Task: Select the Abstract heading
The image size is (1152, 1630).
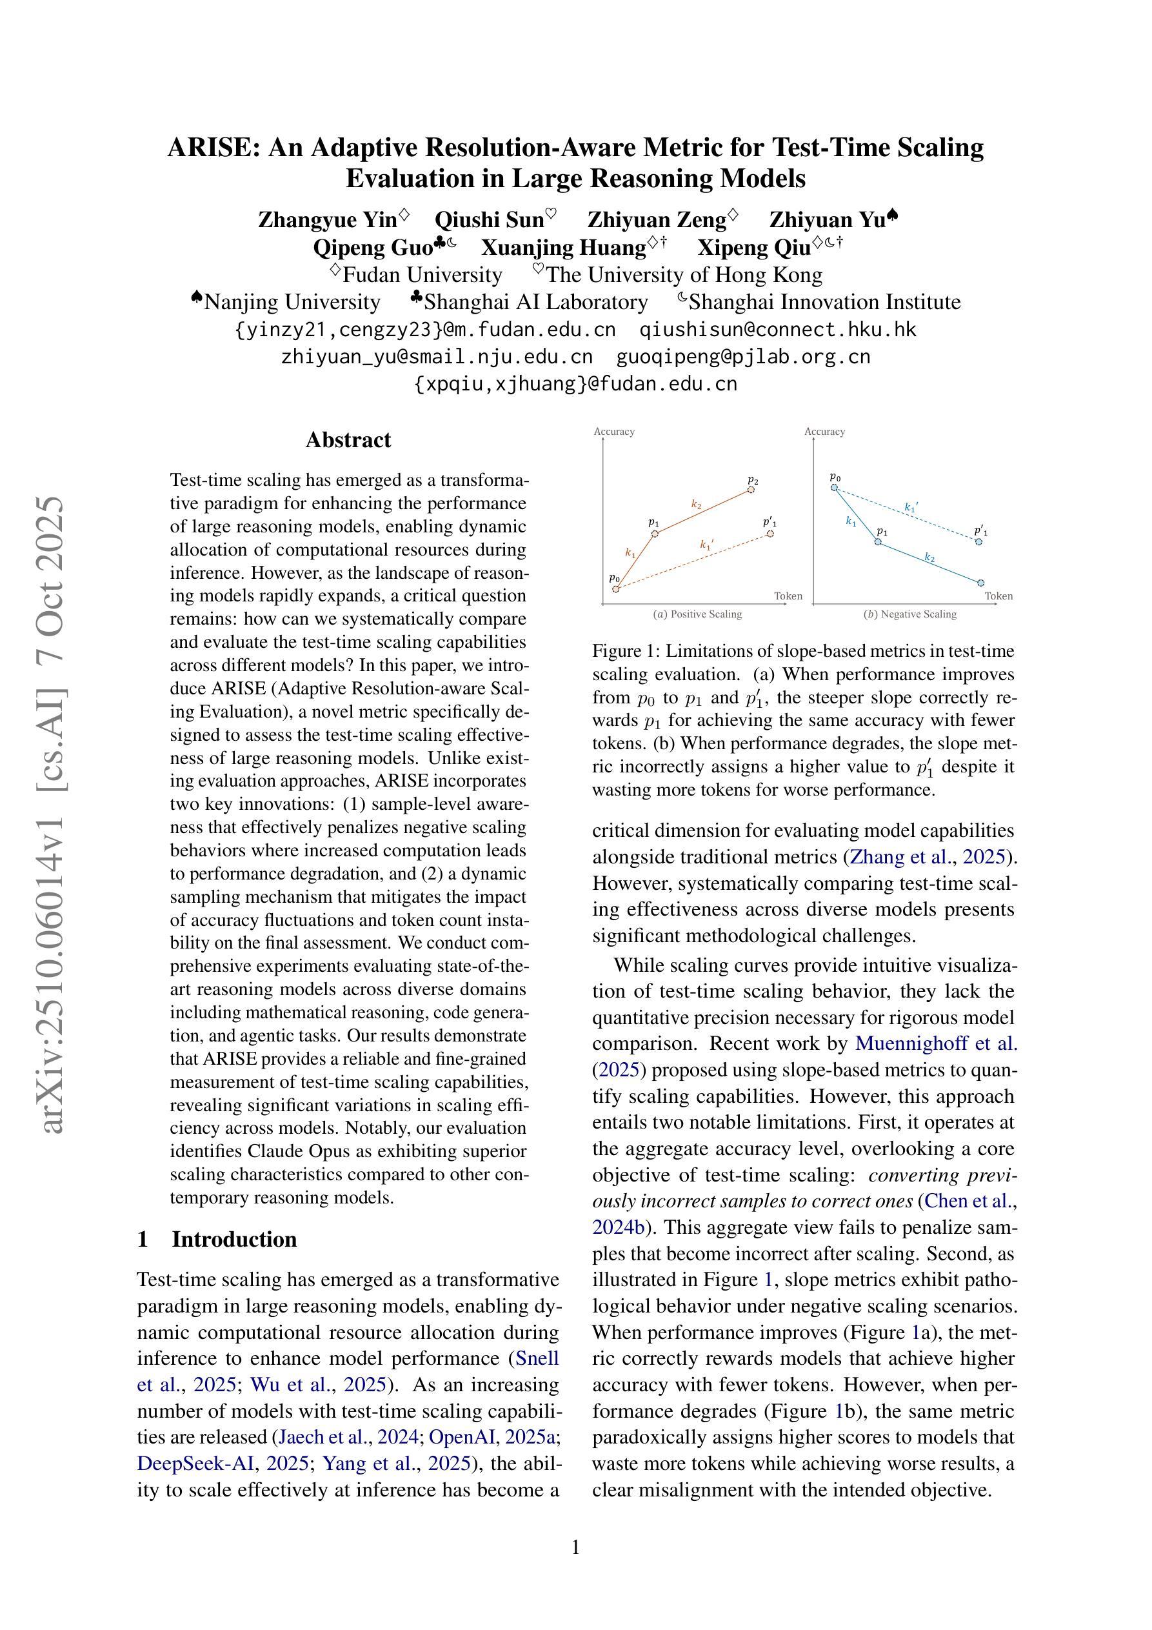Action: pos(348,440)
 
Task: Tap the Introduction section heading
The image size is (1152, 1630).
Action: pos(234,1240)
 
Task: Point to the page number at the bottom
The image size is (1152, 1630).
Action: pos(575,1547)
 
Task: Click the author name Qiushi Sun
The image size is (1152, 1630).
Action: pos(489,220)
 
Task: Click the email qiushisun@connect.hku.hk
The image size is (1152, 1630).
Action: pos(778,329)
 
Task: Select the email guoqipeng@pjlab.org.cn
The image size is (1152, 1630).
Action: pos(742,356)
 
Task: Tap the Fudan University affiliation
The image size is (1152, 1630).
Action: pos(422,275)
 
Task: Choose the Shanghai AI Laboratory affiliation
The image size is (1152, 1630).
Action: pos(536,303)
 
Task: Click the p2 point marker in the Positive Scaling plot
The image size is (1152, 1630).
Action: pos(751,489)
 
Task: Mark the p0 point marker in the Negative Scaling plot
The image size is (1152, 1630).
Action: pos(835,487)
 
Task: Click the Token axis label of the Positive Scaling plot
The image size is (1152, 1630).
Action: pos(788,596)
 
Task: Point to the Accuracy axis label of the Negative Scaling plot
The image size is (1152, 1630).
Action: pos(824,432)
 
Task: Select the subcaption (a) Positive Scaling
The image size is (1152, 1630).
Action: pos(697,614)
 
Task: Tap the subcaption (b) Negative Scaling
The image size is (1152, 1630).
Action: pos(909,614)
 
